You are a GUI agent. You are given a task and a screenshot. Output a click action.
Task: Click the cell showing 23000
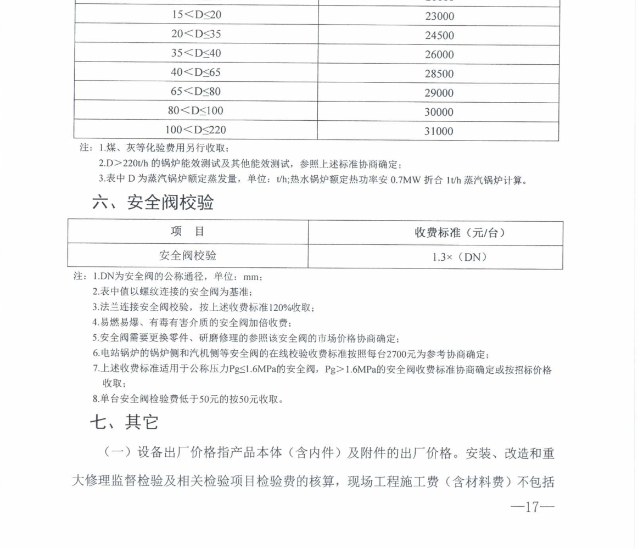pyautogui.click(x=439, y=16)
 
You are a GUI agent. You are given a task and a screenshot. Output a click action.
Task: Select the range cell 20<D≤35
pyautogui.click(x=196, y=34)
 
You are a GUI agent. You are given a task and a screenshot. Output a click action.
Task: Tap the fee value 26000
pyautogui.click(x=439, y=54)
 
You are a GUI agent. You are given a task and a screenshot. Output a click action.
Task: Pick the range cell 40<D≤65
pyautogui.click(x=196, y=72)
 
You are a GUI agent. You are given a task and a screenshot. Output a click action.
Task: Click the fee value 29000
pyautogui.click(x=439, y=93)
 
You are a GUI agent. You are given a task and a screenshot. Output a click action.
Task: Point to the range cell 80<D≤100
pyautogui.click(x=196, y=110)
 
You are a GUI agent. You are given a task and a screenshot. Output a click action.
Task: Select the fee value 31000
pyautogui.click(x=439, y=131)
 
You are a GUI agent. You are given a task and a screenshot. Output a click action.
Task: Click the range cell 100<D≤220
pyautogui.click(x=196, y=130)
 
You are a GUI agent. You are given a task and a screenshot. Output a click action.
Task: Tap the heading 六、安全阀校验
pyautogui.click(x=153, y=203)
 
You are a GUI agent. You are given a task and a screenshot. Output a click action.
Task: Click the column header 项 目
pyautogui.click(x=187, y=232)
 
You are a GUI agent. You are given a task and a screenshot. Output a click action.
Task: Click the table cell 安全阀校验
pyautogui.click(x=187, y=255)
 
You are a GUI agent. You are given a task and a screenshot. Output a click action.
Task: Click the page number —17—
pyautogui.click(x=532, y=507)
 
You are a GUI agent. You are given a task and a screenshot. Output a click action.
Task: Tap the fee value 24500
pyautogui.click(x=439, y=36)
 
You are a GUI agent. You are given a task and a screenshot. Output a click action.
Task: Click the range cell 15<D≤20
pyautogui.click(x=196, y=15)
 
